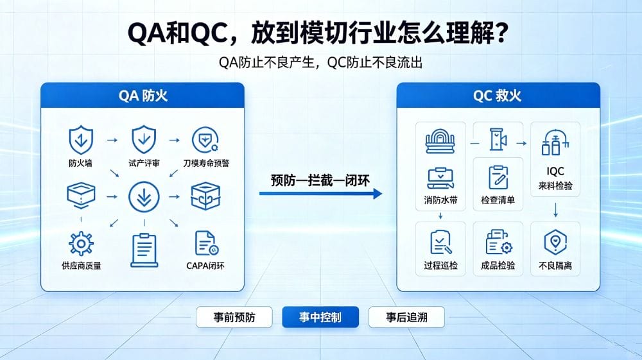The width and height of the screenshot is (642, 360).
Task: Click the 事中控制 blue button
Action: click(x=320, y=317)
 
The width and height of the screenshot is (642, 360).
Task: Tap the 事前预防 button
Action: click(x=234, y=317)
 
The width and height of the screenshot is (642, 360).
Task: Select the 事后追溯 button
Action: click(x=406, y=317)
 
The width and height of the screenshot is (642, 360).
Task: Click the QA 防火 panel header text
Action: click(x=143, y=96)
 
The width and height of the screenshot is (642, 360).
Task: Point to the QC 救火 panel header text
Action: click(x=497, y=96)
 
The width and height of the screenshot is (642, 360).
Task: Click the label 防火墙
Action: click(x=81, y=163)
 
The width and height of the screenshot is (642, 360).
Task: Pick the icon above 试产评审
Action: click(x=144, y=139)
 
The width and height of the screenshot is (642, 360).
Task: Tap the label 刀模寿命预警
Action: click(x=206, y=163)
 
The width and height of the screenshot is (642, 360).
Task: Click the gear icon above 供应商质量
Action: click(x=81, y=244)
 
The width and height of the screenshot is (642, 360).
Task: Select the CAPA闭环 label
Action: click(x=205, y=266)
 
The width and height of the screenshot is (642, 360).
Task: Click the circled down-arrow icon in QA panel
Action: click(x=144, y=197)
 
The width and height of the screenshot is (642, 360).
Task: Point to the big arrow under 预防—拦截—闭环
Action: click(x=320, y=194)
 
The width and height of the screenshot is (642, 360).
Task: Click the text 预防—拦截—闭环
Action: click(x=320, y=180)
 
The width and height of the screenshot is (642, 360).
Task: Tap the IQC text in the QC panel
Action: click(x=555, y=171)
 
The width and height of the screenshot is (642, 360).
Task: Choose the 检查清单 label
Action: click(x=498, y=200)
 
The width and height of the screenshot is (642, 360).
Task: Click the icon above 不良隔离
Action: click(x=555, y=242)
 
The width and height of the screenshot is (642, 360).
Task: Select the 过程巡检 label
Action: click(x=440, y=266)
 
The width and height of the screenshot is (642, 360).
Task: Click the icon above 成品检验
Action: click(x=498, y=242)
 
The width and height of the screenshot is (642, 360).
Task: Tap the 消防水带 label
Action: click(x=440, y=200)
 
